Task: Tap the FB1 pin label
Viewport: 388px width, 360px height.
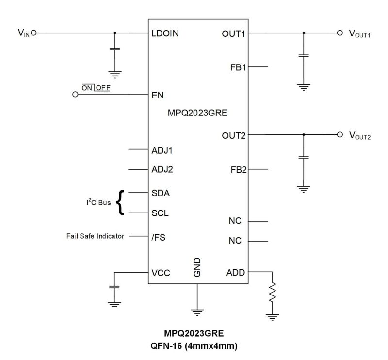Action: pos(238,67)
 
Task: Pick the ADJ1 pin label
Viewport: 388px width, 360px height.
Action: pos(162,150)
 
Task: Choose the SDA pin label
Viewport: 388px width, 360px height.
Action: pos(160,193)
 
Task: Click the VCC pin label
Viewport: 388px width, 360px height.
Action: pos(160,273)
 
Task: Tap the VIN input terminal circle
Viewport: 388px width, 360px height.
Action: pos(33,33)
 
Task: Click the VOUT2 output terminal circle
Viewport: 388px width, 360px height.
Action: pos(339,134)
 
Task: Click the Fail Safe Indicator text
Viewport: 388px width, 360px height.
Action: pos(95,236)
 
